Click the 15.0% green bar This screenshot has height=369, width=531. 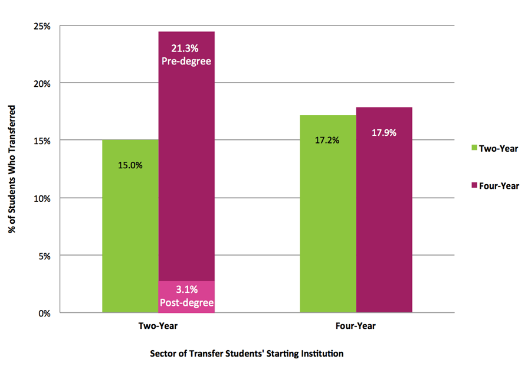(x=130, y=236)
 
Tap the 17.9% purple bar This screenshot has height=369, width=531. (x=384, y=224)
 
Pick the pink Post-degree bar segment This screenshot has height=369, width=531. (x=186, y=296)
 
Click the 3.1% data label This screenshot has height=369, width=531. (x=186, y=290)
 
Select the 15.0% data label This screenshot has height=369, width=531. (x=130, y=165)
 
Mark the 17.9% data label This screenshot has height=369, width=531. (x=384, y=133)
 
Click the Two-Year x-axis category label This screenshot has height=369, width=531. (x=158, y=326)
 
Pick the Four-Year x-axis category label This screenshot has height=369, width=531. (x=356, y=326)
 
